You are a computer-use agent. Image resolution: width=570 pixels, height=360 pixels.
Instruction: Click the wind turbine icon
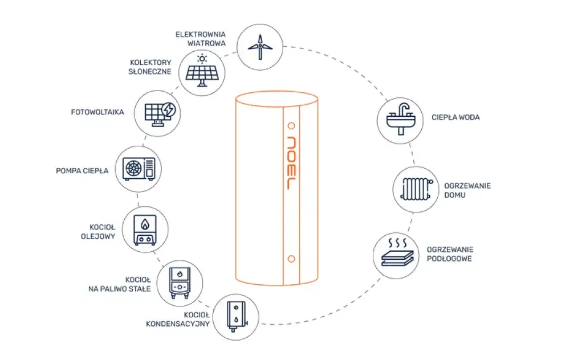coord(260,47)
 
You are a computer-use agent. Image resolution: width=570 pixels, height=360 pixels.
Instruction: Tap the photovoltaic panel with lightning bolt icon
coord(160,113)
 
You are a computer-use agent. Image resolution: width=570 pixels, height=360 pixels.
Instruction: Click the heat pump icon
coord(139,169)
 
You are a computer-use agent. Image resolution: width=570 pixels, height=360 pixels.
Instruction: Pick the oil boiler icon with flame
coord(145,230)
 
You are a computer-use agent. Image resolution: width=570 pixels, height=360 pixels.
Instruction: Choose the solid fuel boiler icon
coord(180,283)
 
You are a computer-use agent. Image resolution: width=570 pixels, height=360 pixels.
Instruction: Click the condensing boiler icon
coord(237,316)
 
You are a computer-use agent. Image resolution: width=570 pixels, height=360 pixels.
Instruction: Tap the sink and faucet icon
coord(400,119)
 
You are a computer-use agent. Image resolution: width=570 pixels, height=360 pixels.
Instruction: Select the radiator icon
coord(417,189)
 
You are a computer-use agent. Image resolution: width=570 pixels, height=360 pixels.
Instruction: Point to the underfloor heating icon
coord(397,252)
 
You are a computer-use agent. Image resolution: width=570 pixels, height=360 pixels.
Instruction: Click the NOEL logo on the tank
coord(291,163)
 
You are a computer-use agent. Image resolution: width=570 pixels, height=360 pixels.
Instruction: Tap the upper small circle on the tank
coord(291,126)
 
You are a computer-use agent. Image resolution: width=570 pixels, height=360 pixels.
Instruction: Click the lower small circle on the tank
coord(291,259)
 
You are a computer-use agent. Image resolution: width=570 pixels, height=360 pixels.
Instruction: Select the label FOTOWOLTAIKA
coord(97,112)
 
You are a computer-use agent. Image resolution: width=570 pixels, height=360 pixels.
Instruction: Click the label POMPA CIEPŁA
coord(82,171)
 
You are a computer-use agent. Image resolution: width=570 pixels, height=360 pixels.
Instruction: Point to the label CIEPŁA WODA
coord(455,117)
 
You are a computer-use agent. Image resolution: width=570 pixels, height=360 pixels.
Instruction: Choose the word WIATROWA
coord(206,43)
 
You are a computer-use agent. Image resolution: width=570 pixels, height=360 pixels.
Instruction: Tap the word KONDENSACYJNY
coord(178,324)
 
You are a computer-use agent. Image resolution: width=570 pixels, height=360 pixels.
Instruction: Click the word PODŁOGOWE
coord(449,259)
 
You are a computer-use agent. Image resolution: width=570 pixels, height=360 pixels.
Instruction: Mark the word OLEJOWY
coord(98,236)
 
